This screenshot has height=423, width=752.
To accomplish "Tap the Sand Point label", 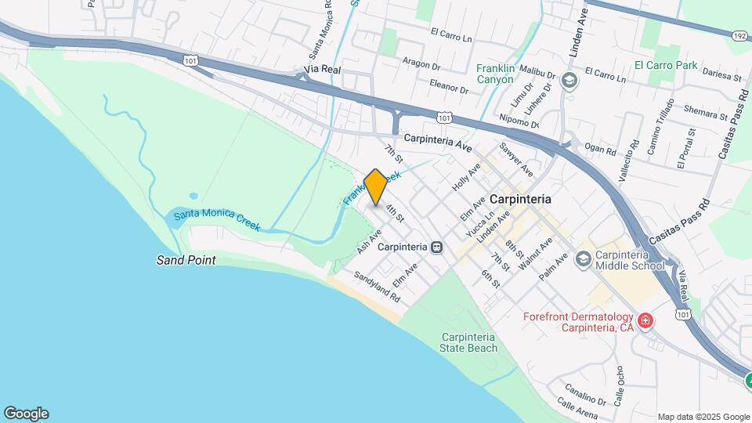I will click(186, 260).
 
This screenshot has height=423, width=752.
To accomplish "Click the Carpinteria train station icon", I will click(437, 247).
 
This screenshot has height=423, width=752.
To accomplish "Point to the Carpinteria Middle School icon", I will click(583, 258).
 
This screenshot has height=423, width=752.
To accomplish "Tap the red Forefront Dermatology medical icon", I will click(645, 320).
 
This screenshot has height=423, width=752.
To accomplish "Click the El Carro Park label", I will click(665, 66).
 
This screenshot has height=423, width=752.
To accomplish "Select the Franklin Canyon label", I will click(495, 74).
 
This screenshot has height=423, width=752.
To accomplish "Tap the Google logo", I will click(26, 414).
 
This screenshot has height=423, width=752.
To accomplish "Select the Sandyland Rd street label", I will click(377, 287).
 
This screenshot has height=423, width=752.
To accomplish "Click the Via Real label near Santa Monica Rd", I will click(323, 70).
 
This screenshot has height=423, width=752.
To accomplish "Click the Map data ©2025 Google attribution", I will click(703, 417).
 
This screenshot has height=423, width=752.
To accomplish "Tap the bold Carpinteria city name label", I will click(520, 199).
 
